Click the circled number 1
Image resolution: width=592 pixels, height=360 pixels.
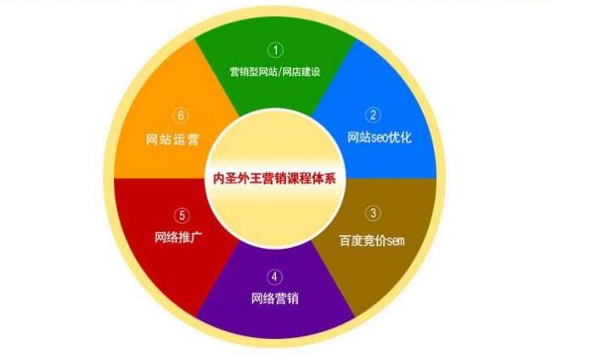click(274, 49)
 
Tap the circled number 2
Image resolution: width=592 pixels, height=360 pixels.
click(373, 115)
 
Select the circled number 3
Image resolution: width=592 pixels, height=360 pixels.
click(373, 213)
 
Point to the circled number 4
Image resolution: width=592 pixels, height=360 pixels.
click(274, 277)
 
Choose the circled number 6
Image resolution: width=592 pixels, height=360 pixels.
click(178, 115)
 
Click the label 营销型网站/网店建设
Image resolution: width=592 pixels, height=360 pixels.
click(275, 71)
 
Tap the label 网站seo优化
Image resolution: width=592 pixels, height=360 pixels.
click(379, 137)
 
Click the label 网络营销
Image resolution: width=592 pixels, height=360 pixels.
click(274, 299)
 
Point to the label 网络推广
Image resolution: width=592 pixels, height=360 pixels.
click(178, 236)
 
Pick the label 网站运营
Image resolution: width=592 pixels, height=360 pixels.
click(174, 137)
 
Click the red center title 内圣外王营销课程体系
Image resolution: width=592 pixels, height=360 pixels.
click(275, 178)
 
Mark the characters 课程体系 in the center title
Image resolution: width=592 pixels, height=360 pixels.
click(313, 178)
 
